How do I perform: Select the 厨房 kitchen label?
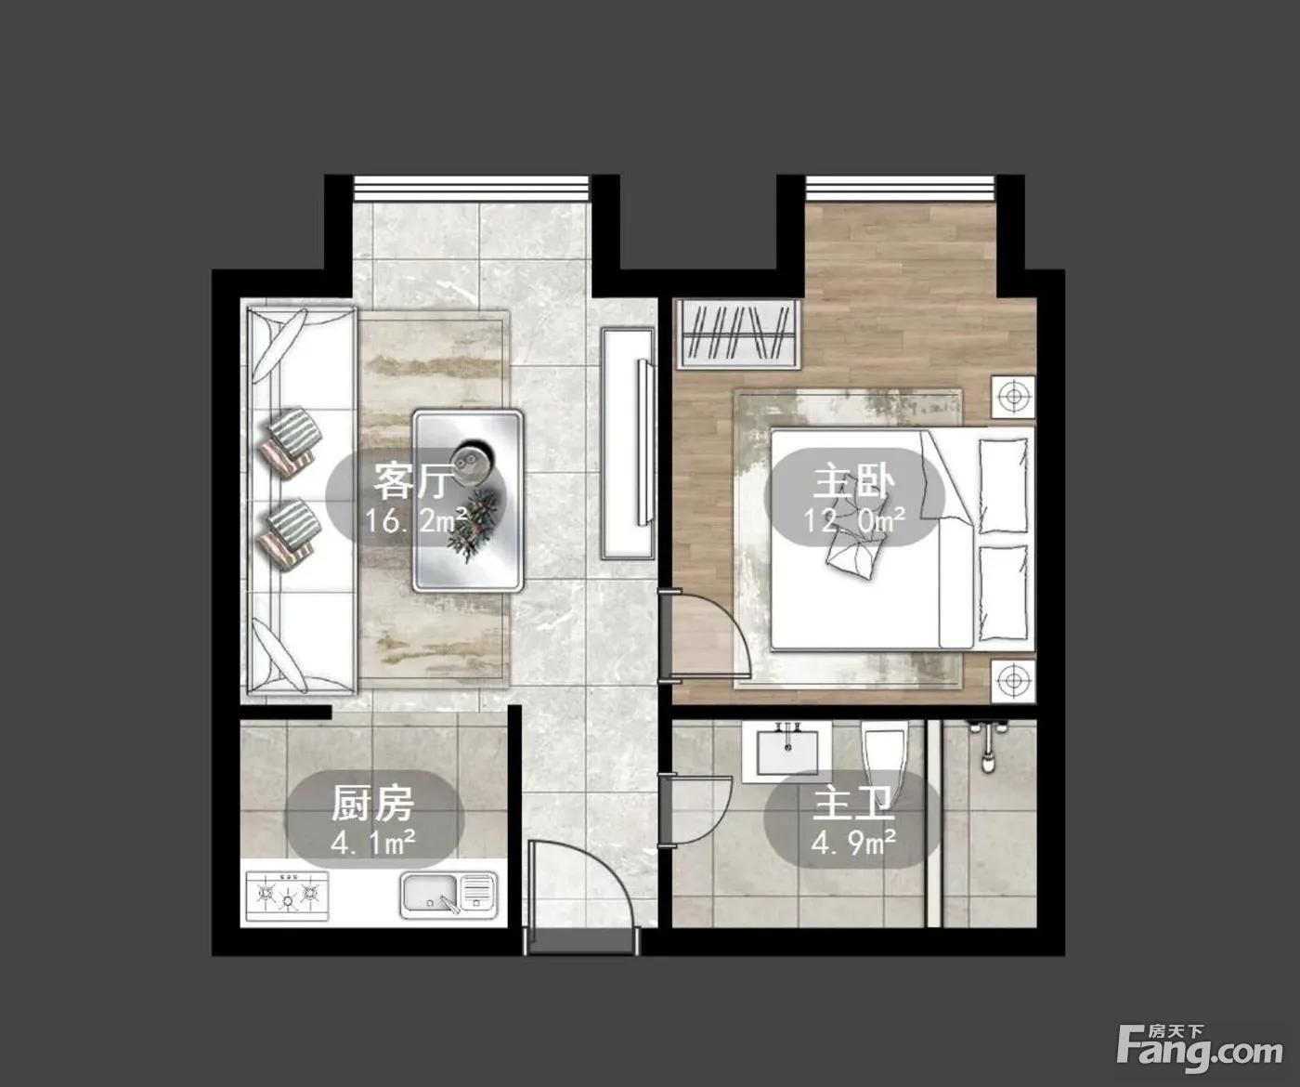point(372,804)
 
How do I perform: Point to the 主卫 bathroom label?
point(853,804)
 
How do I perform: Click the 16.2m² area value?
point(416,520)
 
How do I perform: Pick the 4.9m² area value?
point(853,843)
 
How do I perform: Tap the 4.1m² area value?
point(372,843)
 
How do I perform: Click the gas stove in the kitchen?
point(287,896)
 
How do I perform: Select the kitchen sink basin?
point(448,895)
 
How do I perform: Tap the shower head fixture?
point(987,746)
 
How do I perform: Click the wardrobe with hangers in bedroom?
point(739,334)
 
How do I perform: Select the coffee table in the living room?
point(468,500)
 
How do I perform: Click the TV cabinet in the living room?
point(629,443)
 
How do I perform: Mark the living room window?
point(472,188)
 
